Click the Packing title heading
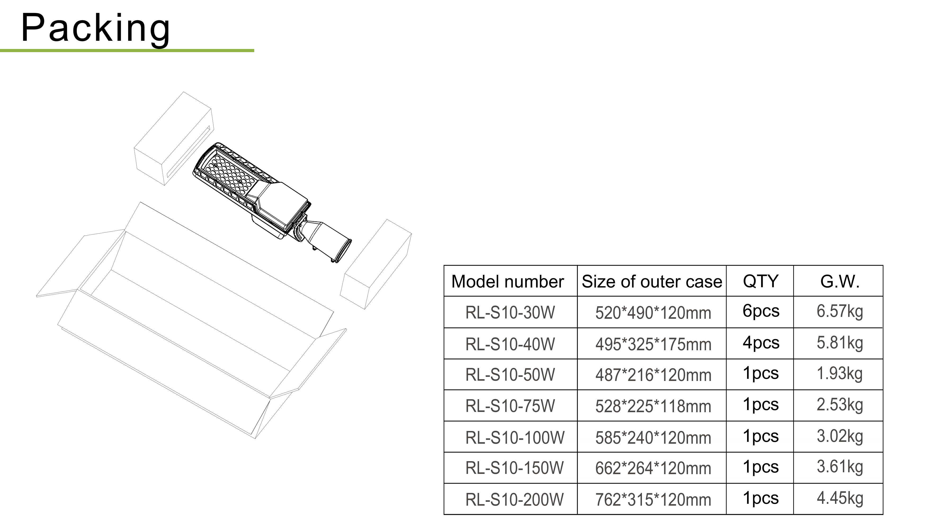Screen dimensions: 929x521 (96, 28)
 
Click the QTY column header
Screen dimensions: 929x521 (761, 281)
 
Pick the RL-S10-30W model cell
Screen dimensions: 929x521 (510, 312)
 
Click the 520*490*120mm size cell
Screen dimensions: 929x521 (653, 313)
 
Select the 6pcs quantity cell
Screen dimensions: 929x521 (761, 311)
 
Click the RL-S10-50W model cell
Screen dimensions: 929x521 (510, 375)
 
